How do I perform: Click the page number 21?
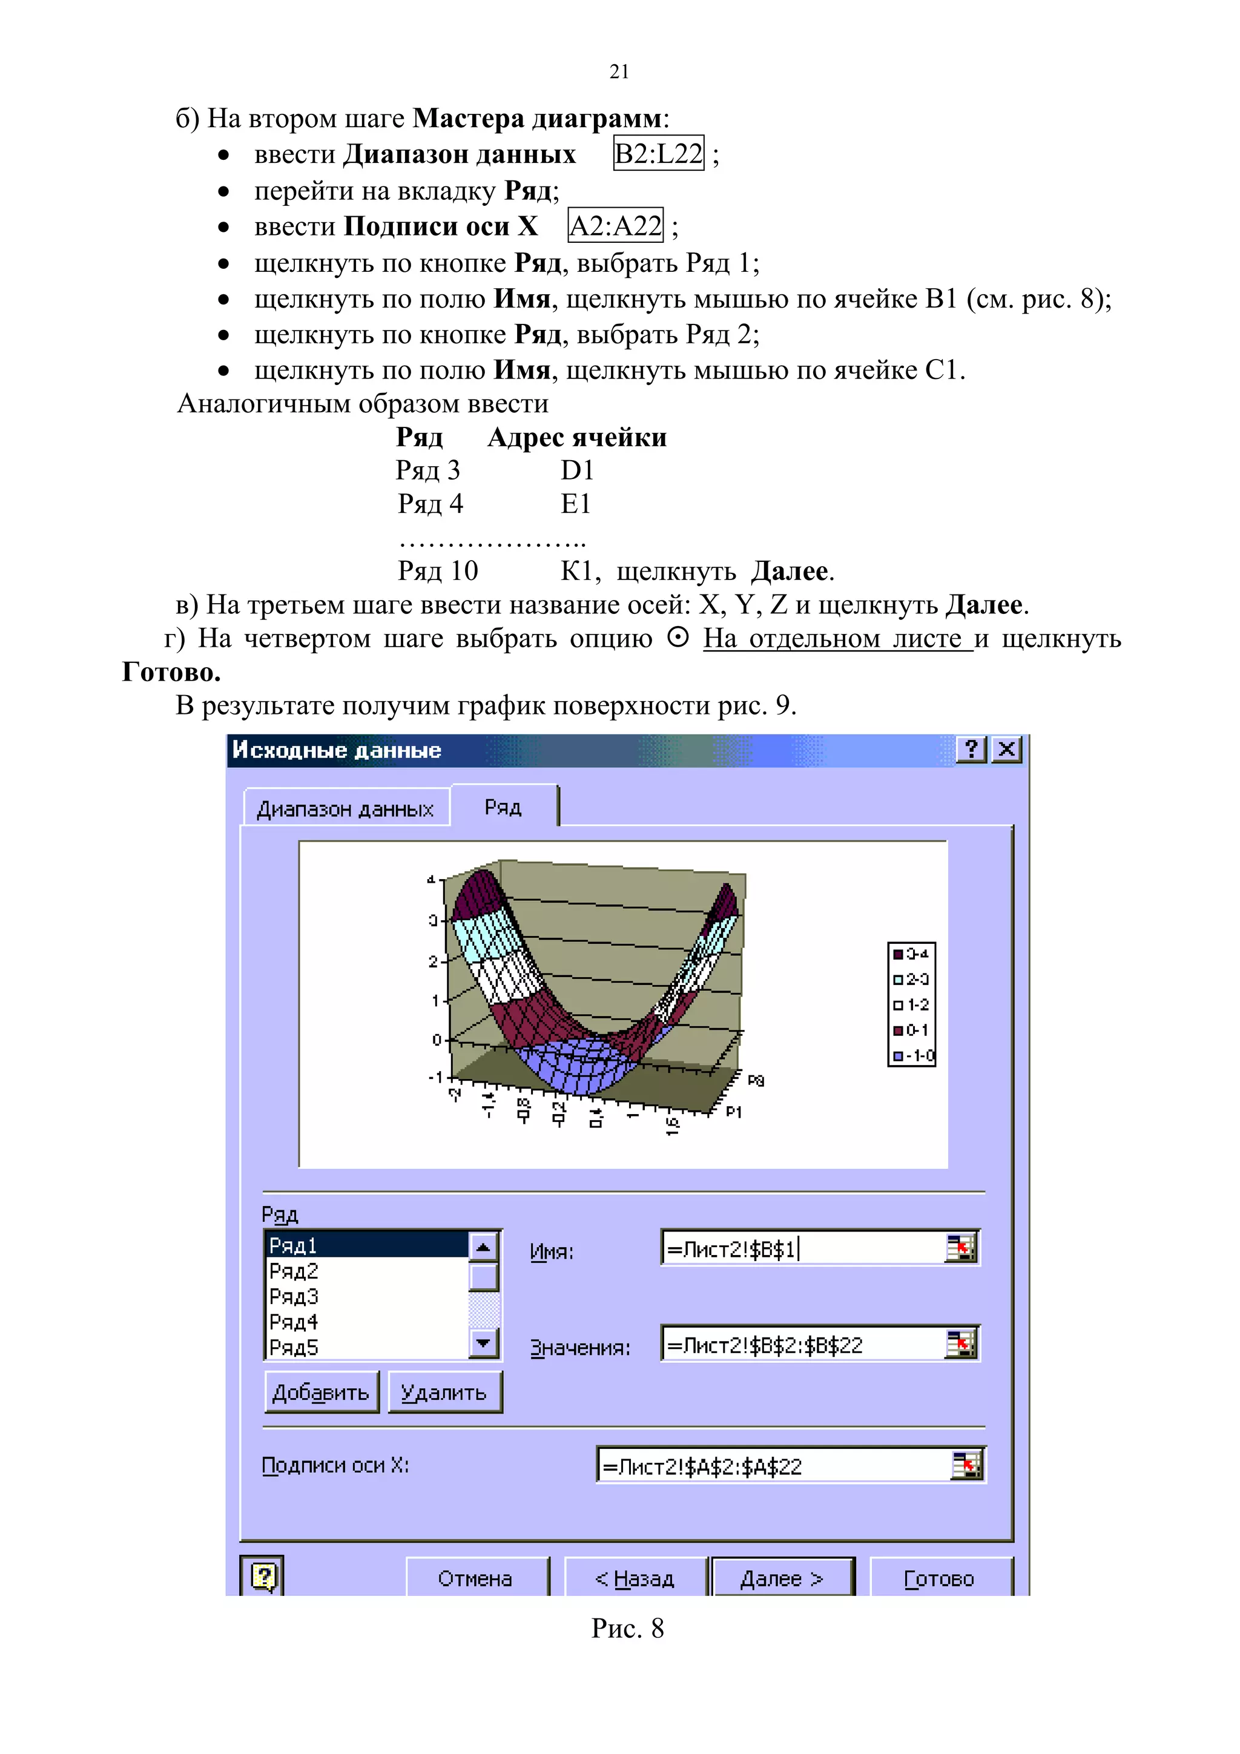[619, 72]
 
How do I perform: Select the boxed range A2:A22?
[616, 226]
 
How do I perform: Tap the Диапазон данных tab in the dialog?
[345, 809]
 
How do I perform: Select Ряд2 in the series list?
[294, 1272]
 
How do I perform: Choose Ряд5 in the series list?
[294, 1348]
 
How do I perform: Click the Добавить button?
[321, 1393]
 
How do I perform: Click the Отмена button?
[475, 1578]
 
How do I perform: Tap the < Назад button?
[634, 1578]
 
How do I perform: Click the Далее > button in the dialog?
[782, 1578]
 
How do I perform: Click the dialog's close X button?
[1007, 750]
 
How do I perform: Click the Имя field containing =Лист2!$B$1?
[802, 1249]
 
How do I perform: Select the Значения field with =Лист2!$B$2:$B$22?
[802, 1345]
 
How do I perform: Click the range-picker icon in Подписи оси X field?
[966, 1465]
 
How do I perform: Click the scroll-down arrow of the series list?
[483, 1342]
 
